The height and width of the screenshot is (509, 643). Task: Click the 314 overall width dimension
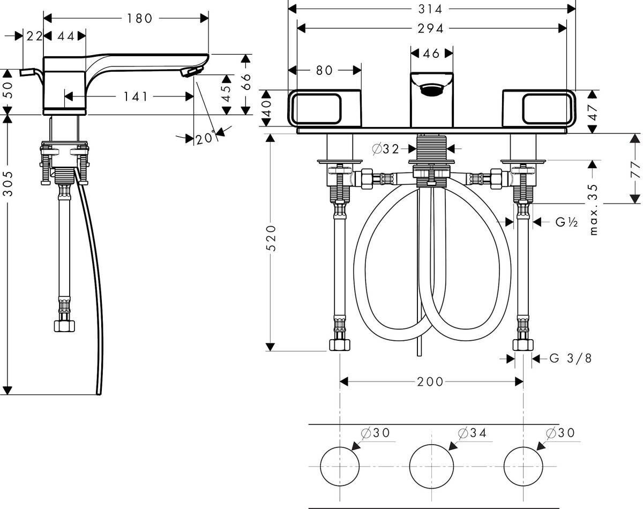point(432,9)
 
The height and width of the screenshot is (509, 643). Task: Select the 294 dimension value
point(432,28)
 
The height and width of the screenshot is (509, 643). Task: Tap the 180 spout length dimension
point(140,19)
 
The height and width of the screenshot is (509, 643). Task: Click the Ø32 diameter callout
point(386,149)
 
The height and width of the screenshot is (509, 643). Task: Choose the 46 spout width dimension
point(432,53)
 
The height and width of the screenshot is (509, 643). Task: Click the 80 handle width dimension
point(325,70)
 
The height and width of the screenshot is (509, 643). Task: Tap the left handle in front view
point(325,109)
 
